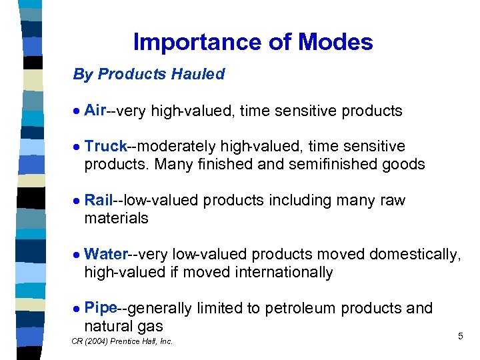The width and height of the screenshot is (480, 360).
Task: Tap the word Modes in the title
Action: click(x=335, y=43)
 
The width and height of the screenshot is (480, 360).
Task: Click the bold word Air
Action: click(x=96, y=110)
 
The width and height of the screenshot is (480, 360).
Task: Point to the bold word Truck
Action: click(x=106, y=146)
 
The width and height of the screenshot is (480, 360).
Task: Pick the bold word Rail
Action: click(x=99, y=200)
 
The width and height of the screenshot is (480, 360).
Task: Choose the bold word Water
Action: click(x=106, y=254)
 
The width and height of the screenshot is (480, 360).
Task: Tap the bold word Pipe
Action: click(x=101, y=308)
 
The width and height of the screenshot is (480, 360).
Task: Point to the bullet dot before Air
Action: click(x=77, y=111)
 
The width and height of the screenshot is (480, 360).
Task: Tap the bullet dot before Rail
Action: click(x=77, y=201)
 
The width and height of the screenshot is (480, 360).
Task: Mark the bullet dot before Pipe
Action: click(x=77, y=309)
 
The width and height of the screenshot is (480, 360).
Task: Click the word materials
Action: click(x=116, y=218)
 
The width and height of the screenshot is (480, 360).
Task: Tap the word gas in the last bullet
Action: click(x=150, y=327)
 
